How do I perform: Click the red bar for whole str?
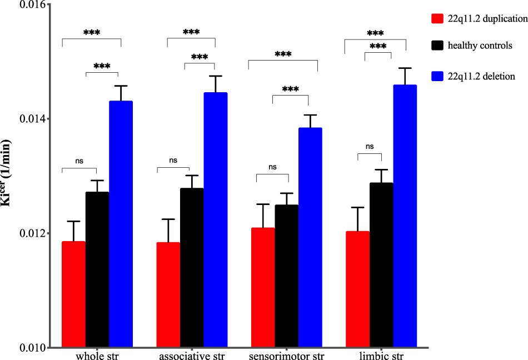pyautogui.click(x=73, y=294)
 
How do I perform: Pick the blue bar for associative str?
pyautogui.click(x=215, y=220)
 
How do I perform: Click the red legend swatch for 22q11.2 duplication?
pyautogui.click(x=437, y=18)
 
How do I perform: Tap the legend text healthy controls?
pyautogui.click(x=480, y=46)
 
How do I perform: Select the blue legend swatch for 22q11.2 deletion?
pyautogui.click(x=437, y=76)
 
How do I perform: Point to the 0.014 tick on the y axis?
pyautogui.click(x=47, y=119)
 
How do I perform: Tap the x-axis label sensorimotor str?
pyautogui.click(x=286, y=355)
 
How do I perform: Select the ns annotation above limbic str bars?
pyautogui.click(x=370, y=147)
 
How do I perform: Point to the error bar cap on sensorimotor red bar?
pyautogui.click(x=263, y=204)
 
